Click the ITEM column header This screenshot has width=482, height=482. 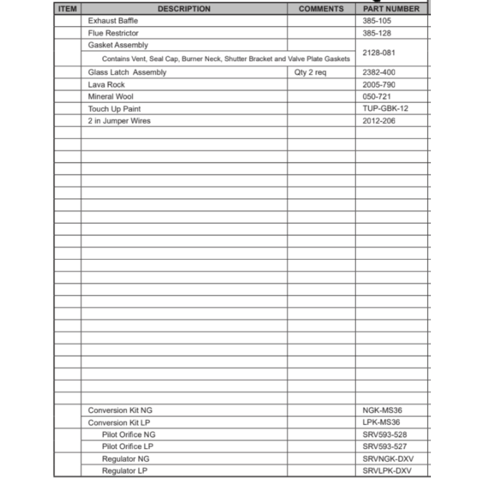67,9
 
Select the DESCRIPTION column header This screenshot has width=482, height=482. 184,9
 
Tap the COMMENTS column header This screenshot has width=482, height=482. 321,9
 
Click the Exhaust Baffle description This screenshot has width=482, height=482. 113,21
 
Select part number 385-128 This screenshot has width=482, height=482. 377,33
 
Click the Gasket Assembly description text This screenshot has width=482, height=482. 118,45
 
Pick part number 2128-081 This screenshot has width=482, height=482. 379,53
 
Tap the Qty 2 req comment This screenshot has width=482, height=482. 310,72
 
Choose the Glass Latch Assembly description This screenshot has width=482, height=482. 127,72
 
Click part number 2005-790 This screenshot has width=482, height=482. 379,84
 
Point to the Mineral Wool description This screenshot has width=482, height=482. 111,96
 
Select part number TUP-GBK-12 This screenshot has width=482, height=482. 385,108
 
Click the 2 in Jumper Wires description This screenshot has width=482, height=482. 119,121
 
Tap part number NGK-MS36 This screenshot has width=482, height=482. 382,411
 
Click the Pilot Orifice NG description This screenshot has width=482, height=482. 129,435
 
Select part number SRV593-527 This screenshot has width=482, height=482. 385,447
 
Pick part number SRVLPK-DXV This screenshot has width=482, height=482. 388,471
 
